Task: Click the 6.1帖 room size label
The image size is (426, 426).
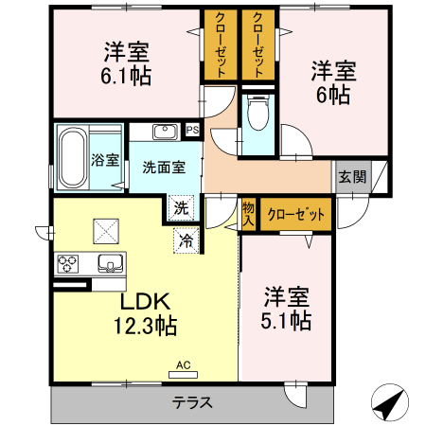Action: pyautogui.click(x=125, y=72)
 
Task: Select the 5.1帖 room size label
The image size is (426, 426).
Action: pyautogui.click(x=286, y=322)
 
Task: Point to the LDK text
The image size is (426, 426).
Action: pyautogui.click(x=144, y=302)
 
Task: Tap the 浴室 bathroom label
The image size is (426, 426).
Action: pyautogui.click(x=105, y=160)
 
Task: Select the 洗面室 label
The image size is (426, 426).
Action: pyautogui.click(x=163, y=167)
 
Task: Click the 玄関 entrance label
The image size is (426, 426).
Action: pyautogui.click(x=352, y=176)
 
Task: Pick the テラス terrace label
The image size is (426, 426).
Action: pyautogui.click(x=192, y=401)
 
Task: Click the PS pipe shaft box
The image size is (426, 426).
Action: pyautogui.click(x=192, y=131)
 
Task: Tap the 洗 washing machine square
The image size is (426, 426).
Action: pyautogui.click(x=181, y=207)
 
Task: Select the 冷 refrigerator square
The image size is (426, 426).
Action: pyautogui.click(x=186, y=240)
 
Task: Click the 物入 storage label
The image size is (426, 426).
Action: pyautogui.click(x=248, y=213)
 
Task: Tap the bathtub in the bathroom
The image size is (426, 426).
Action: pyautogui.click(x=72, y=158)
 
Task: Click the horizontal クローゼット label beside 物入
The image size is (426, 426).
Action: pyautogui.click(x=295, y=214)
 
